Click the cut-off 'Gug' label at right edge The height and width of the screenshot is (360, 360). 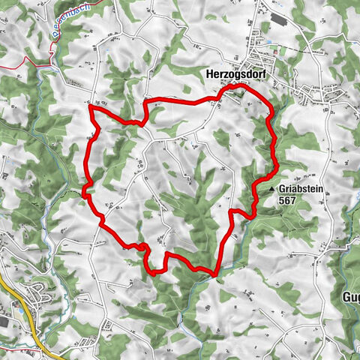pyautogui.click(x=351, y=295)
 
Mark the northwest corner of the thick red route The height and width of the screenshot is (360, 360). pyautogui.click(x=90, y=108)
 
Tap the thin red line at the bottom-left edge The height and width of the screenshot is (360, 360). pyautogui.click(x=15, y=349)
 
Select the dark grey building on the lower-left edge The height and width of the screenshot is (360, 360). pyautogui.click(x=4, y=321)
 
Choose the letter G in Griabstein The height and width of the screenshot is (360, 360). pyautogui.click(x=284, y=190)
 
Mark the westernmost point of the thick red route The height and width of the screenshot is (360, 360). pyautogui.click(x=82, y=193)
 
